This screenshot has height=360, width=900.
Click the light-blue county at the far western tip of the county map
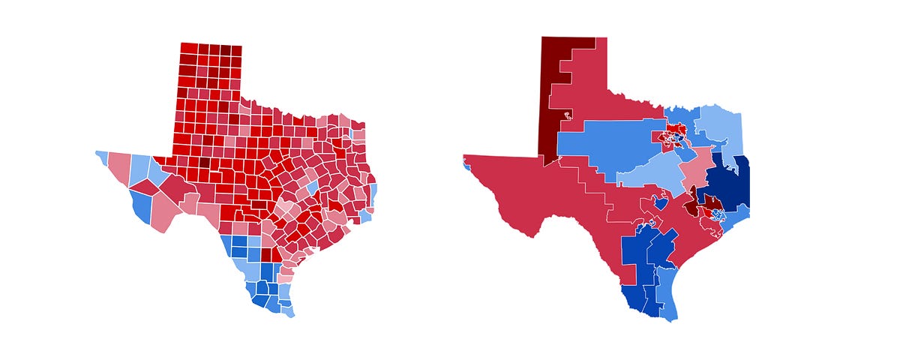[x=101, y=157]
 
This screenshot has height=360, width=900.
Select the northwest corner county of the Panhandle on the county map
[x=187, y=49]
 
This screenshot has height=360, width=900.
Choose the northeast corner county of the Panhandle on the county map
[x=236, y=50]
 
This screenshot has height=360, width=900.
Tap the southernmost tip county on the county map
[x=289, y=310]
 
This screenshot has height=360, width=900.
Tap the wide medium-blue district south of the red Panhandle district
[x=607, y=142]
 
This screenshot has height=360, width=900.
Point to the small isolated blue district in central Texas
[x=661, y=202]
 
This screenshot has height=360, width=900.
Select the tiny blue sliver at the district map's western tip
[x=467, y=166]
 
